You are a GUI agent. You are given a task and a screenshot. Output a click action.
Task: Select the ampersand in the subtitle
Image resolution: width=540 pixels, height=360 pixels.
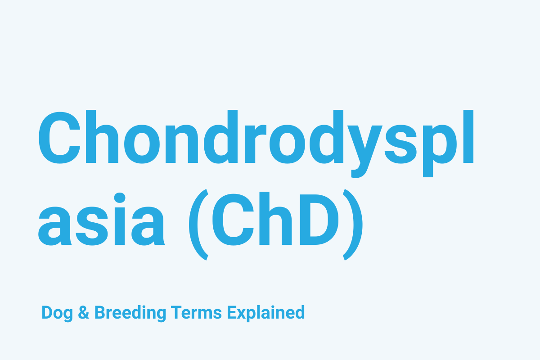pos(84,312)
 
